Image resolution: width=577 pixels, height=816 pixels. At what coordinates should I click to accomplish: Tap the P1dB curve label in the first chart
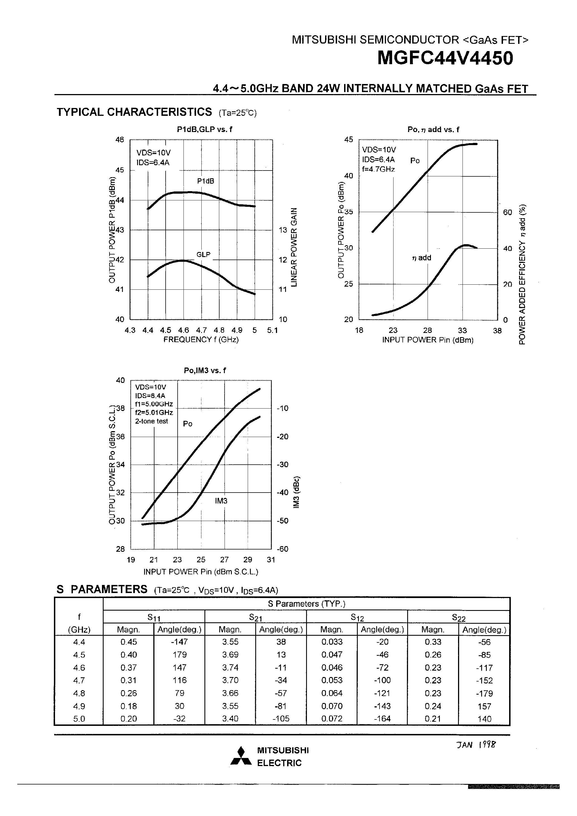pyautogui.click(x=206, y=181)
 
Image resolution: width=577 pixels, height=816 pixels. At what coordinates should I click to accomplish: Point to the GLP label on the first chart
pyautogui.click(x=204, y=255)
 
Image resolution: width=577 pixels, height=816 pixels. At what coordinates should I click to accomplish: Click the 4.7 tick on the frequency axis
pyautogui.click(x=201, y=330)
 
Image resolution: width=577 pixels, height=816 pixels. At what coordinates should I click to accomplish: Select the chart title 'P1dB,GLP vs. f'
pyautogui.click(x=204, y=129)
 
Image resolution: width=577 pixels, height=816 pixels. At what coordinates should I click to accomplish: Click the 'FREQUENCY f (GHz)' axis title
pyautogui.click(x=201, y=339)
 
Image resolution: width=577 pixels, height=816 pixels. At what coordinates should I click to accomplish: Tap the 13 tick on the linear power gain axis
pyautogui.click(x=283, y=230)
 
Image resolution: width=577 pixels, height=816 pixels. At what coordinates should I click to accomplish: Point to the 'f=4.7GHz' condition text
pyautogui.click(x=378, y=169)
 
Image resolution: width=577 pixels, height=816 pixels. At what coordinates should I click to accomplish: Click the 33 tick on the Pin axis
pyautogui.click(x=462, y=330)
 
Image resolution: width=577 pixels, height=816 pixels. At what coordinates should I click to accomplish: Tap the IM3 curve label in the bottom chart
pyautogui.click(x=221, y=501)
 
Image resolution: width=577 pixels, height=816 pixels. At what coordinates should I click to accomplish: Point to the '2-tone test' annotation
pyautogui.click(x=152, y=421)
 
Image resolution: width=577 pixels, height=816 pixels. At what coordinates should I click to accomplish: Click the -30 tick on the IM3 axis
pyautogui.click(x=283, y=464)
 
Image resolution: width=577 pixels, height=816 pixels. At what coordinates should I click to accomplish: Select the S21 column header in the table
pyautogui.click(x=256, y=617)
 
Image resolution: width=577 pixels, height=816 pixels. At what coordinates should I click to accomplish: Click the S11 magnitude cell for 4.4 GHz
pyautogui.click(x=128, y=642)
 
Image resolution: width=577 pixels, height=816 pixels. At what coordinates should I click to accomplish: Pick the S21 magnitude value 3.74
pyautogui.click(x=230, y=668)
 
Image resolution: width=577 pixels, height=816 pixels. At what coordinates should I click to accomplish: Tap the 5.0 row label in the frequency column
pyautogui.click(x=79, y=719)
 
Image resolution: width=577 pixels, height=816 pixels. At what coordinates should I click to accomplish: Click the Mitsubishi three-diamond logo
pyautogui.click(x=241, y=756)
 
